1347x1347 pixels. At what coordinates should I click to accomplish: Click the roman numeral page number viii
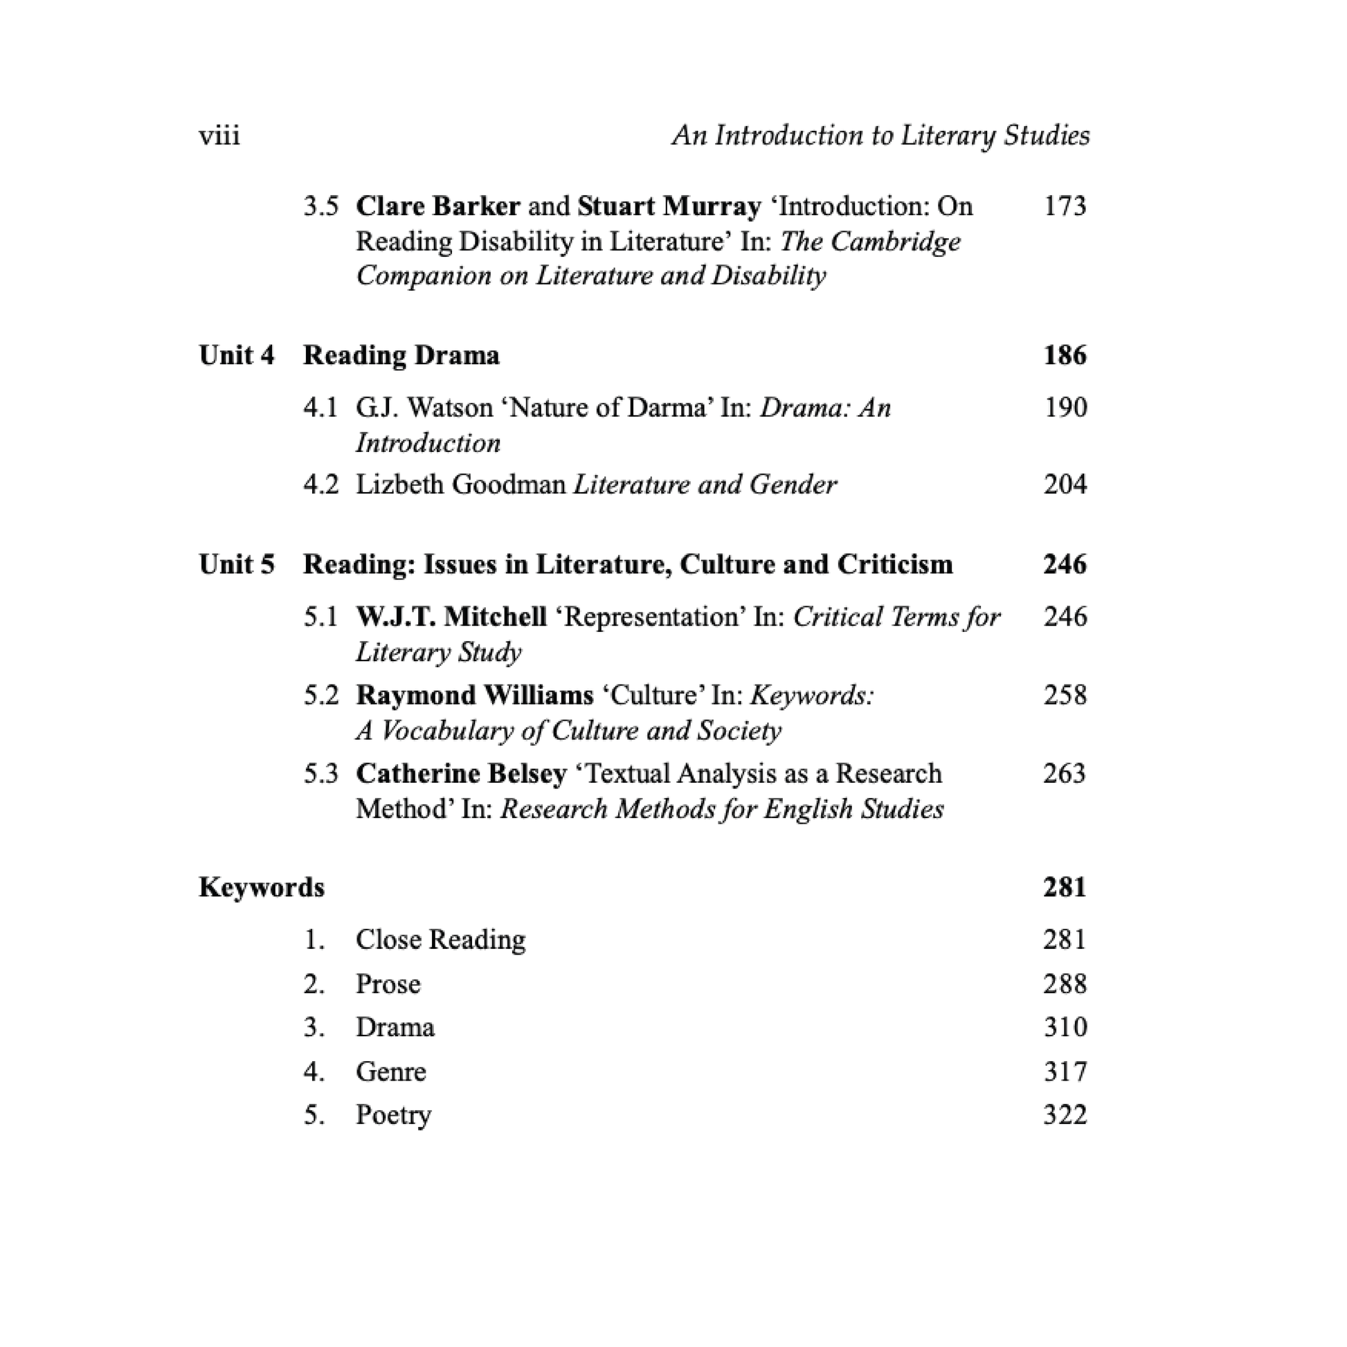pos(219,135)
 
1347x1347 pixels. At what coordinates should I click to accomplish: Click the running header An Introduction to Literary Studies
pos(880,135)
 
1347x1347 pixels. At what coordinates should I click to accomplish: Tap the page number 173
pos(1065,206)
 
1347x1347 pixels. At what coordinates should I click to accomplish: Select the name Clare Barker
pos(438,206)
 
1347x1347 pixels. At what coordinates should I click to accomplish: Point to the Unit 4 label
pos(236,356)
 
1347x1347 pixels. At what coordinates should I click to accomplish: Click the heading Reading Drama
pos(401,356)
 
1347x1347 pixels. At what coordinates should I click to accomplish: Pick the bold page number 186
pos(1065,356)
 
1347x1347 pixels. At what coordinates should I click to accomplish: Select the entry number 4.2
pos(320,485)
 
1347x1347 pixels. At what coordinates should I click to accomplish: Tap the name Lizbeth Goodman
pos(460,485)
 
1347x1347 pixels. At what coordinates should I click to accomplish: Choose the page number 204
pos(1065,485)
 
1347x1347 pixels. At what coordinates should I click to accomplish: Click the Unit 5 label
pos(236,565)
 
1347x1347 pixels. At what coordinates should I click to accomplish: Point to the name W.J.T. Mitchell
pos(451,617)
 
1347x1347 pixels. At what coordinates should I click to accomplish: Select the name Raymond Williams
pos(474,695)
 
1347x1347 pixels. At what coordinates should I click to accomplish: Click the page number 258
pos(1065,695)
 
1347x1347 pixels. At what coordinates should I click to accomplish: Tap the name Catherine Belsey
pos(461,774)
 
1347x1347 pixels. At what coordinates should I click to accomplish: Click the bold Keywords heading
pos(262,887)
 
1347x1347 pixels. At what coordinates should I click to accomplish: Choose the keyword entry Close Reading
pos(440,940)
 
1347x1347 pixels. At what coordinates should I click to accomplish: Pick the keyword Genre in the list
pos(390,1072)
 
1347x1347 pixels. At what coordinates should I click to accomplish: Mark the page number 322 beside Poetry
pos(1065,1115)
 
